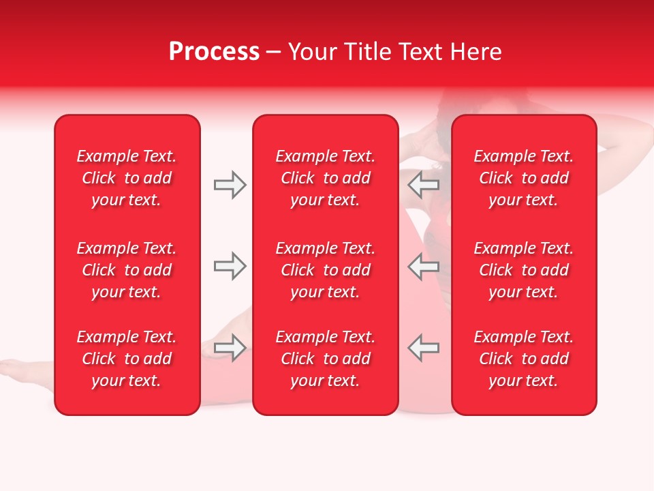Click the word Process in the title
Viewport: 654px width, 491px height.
coord(214,52)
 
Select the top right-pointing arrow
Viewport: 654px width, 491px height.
coord(230,185)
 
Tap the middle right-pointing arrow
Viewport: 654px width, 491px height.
coord(230,266)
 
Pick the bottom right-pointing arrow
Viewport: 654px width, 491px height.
coord(230,347)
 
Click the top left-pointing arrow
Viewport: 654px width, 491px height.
coord(424,185)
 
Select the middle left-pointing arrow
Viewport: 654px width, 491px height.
coord(424,266)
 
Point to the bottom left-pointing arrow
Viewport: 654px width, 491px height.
coord(424,347)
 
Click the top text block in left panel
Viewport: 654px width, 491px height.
coord(127,178)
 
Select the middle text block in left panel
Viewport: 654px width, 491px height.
coord(127,270)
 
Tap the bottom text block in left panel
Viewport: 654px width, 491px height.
coord(127,359)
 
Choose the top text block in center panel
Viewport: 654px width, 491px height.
coord(325,178)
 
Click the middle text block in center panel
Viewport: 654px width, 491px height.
coord(325,270)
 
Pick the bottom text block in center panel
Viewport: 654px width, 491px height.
coord(325,359)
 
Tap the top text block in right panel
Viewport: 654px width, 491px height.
coord(523,178)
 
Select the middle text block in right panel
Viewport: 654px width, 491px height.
coord(523,270)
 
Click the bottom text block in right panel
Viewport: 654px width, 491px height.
coord(523,359)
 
